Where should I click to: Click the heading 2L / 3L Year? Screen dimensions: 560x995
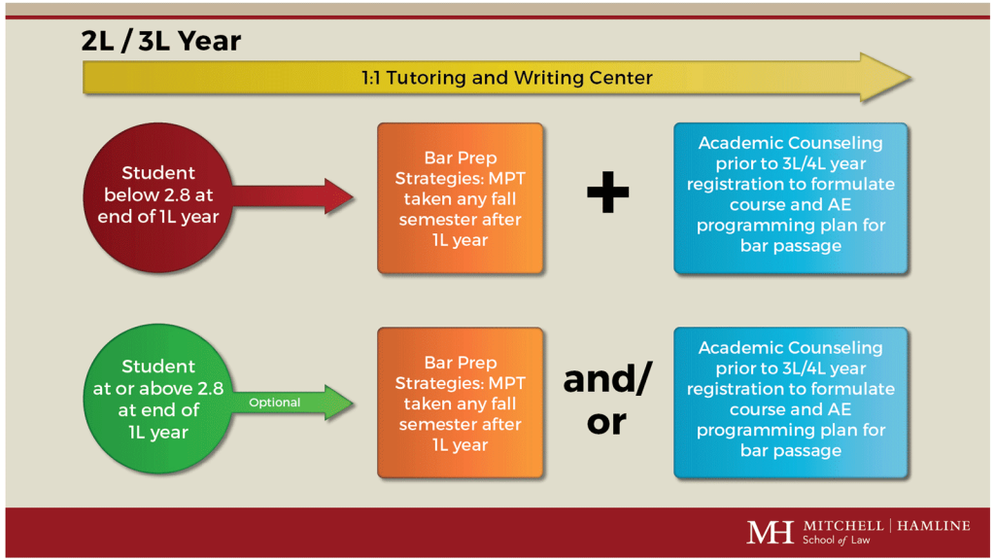click(x=161, y=42)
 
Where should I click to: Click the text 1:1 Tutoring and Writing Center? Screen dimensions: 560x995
click(x=506, y=78)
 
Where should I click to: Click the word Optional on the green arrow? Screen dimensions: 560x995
click(x=275, y=402)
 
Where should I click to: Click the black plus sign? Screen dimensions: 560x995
click(x=608, y=195)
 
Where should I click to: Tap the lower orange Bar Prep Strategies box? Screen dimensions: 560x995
click(x=461, y=402)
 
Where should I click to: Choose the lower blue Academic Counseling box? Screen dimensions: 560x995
click(x=790, y=402)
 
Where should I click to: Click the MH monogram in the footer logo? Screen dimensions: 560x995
click(x=770, y=532)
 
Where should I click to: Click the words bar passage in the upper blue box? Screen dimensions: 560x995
click(x=790, y=246)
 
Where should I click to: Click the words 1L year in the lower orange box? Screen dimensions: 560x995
click(x=460, y=445)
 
